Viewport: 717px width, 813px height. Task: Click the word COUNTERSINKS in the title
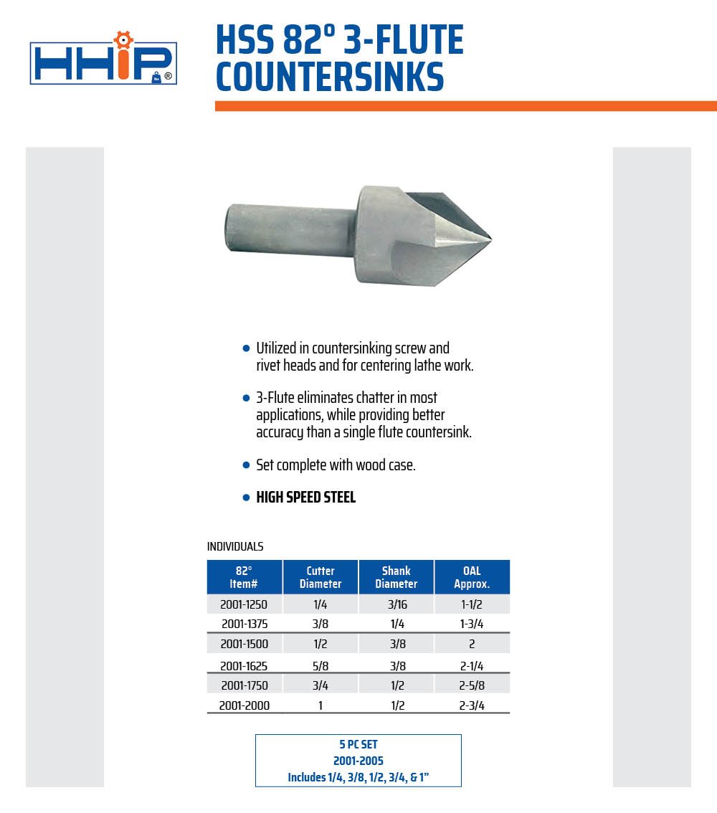330,77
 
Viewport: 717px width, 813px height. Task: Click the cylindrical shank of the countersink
290,230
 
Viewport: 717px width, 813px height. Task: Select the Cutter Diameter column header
320,577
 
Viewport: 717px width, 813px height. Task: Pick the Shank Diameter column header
396,577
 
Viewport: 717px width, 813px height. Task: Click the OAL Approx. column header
472,577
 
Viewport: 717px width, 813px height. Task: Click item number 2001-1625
244,666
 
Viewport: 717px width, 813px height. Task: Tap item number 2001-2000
244,705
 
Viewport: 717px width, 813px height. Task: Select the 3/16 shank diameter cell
396,605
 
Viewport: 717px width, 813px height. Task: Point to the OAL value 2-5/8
472,686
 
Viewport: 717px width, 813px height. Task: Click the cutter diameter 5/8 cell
320,666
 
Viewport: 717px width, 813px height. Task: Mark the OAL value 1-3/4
472,624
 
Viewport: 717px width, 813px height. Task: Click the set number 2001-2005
358,761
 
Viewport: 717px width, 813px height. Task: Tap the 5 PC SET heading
358,745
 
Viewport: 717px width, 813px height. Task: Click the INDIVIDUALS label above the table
235,547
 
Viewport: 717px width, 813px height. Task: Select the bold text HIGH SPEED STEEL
306,498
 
